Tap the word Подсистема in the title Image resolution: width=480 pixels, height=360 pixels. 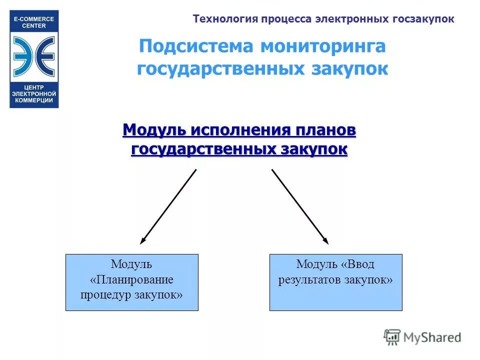194,46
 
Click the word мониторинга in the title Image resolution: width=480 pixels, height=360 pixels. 322,46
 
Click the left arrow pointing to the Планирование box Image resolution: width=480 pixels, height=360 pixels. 168,206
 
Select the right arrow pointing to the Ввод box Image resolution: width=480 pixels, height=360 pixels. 300,206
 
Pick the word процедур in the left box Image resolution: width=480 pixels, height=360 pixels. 106,294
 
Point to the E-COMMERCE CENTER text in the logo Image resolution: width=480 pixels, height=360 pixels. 34,22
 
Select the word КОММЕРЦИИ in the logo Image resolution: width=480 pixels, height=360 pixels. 34,100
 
